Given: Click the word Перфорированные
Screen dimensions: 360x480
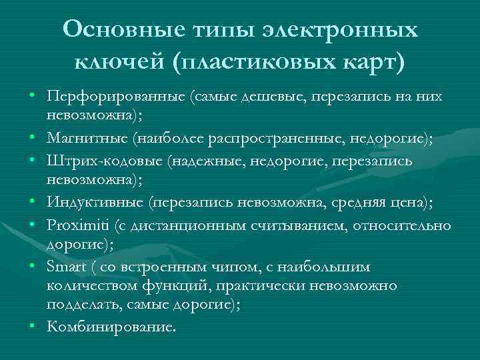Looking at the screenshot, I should (x=117, y=97).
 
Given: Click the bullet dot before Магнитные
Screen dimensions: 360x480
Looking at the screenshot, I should (x=31, y=139).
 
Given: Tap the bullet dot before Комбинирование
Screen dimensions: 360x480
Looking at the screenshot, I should (x=31, y=327).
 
